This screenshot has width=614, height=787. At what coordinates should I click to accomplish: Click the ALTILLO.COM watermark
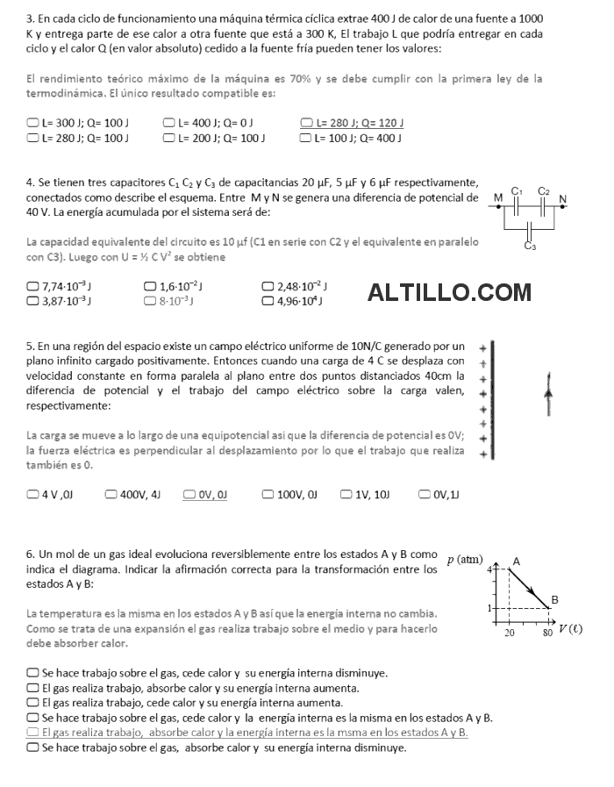pyautogui.click(x=450, y=292)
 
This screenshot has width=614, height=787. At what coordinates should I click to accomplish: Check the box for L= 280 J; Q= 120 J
pyautogui.click(x=306, y=123)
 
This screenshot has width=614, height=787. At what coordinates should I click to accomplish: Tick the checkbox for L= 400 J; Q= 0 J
pyautogui.click(x=168, y=123)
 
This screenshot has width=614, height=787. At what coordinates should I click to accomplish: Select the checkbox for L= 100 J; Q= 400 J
pyautogui.click(x=306, y=138)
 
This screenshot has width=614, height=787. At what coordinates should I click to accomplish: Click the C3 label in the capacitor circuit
pyautogui.click(x=530, y=246)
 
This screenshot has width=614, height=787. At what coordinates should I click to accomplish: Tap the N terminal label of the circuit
pyautogui.click(x=562, y=198)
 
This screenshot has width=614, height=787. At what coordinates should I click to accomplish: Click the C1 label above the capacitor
pyautogui.click(x=517, y=190)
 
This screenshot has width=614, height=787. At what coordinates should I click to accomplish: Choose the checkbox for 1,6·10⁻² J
pyautogui.click(x=149, y=286)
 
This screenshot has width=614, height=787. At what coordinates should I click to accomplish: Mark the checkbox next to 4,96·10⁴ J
pyautogui.click(x=268, y=301)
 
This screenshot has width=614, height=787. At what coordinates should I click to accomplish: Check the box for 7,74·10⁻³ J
pyautogui.click(x=32, y=286)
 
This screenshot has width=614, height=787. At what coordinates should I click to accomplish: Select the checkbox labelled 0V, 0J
pyautogui.click(x=189, y=494)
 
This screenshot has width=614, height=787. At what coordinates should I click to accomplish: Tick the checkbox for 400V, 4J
pyautogui.click(x=110, y=494)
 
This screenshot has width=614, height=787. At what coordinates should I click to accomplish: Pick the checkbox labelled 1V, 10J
pyautogui.click(x=346, y=494)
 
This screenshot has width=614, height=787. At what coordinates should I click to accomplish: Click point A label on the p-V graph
pyautogui.click(x=516, y=561)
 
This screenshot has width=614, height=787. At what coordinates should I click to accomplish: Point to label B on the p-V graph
pyautogui.click(x=553, y=600)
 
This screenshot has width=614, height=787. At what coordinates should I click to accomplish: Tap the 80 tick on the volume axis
pyautogui.click(x=547, y=632)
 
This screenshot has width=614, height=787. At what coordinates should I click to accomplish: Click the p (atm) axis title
pyautogui.click(x=465, y=560)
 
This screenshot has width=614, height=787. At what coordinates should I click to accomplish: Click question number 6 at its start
pyautogui.click(x=31, y=554)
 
